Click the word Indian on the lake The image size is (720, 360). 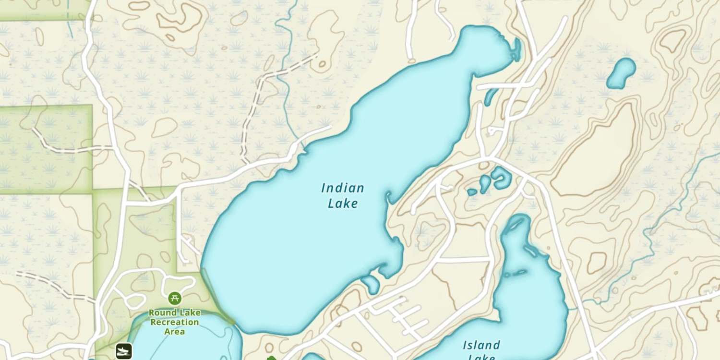(x=342, y=188)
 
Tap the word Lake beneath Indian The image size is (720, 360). (x=342, y=204)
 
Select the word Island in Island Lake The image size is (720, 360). (x=481, y=345)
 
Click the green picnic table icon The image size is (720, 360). (x=175, y=298)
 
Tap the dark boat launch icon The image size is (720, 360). (x=124, y=351)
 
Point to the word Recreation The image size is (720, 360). (x=175, y=322)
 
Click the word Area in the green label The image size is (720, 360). (x=175, y=331)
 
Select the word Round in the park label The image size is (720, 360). (x=162, y=313)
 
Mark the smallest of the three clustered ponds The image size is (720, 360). (x=472, y=192)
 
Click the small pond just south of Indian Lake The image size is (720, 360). (x=371, y=284)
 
